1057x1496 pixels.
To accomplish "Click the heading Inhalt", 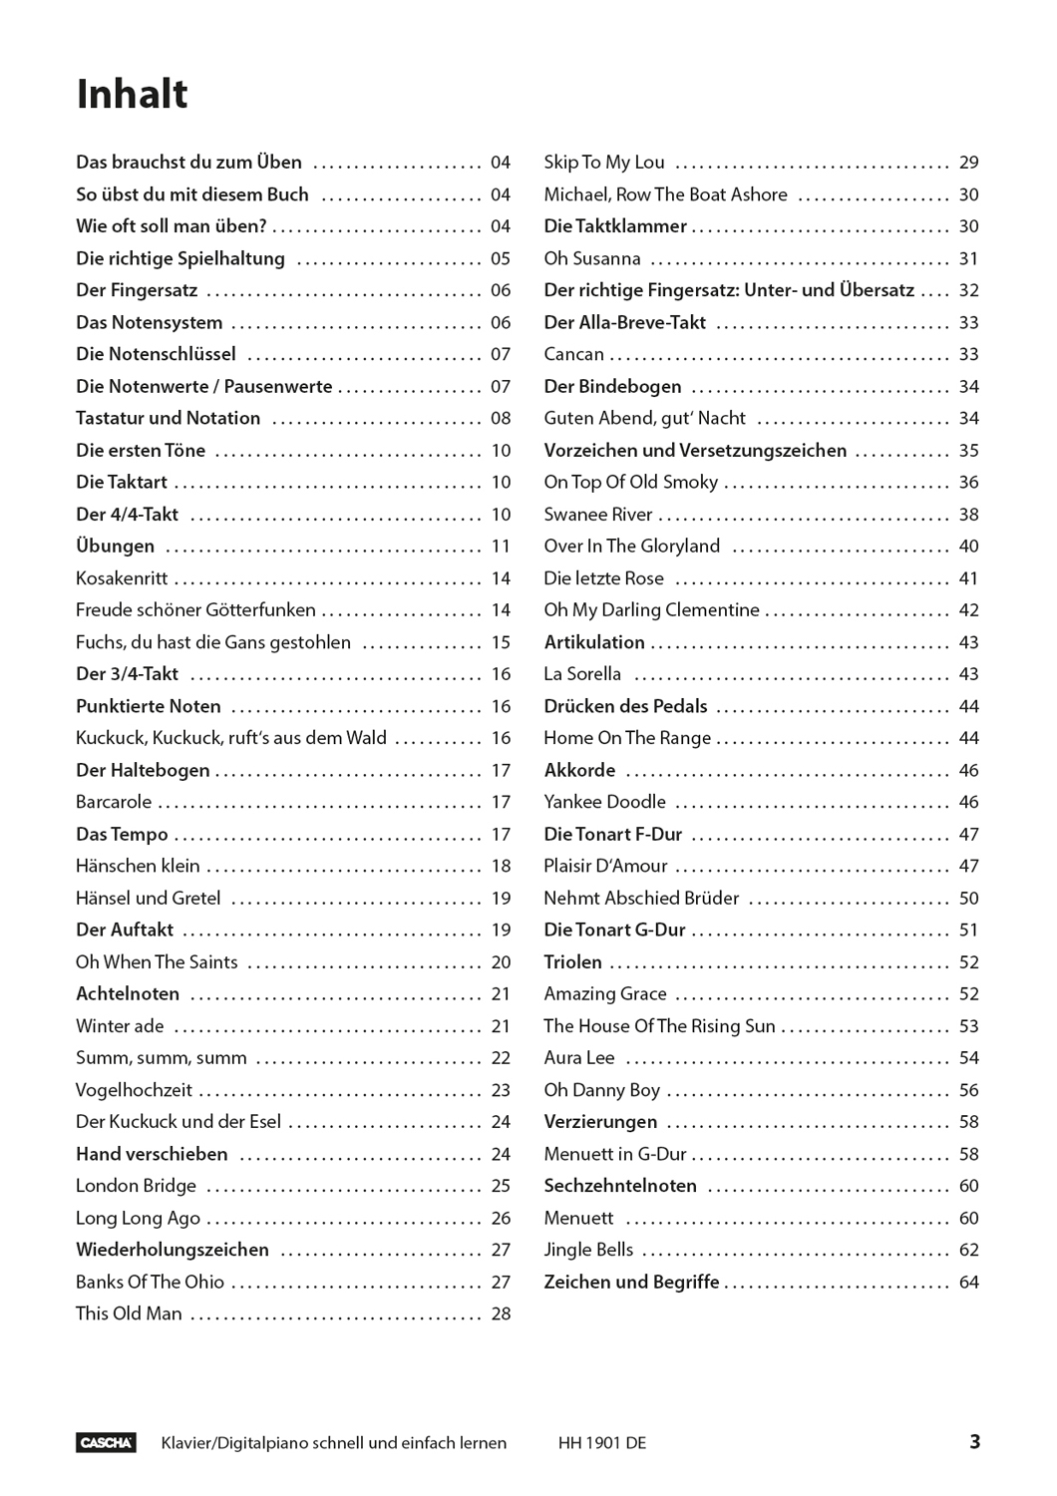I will [132, 95].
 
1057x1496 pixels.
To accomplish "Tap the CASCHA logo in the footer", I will [106, 1442].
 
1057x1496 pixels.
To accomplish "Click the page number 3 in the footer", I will [974, 1441].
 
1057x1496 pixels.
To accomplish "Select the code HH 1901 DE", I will [602, 1443].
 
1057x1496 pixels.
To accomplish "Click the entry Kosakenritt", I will [122, 578].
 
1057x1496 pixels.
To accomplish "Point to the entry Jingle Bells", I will [588, 1250].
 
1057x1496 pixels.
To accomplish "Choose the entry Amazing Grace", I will [605, 994].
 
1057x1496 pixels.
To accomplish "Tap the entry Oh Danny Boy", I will [601, 1090].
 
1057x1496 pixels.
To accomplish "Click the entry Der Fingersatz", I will [137, 290].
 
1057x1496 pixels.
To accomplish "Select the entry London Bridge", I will [136, 1186].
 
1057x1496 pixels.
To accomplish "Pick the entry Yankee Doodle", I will [604, 802].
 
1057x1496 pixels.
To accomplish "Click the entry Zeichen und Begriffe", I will [631, 1282].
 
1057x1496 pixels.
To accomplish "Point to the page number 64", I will [968, 1283].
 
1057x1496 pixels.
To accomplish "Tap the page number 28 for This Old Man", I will [501, 1314].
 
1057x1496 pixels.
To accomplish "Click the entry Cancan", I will [573, 354].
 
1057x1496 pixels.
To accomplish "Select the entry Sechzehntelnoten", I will [620, 1186].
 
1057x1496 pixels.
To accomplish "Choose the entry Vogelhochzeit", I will [134, 1090].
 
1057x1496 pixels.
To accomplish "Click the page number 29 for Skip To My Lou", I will [968, 163].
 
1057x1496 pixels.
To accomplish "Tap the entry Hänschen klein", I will [138, 866].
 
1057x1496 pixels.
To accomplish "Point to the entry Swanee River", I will [598, 515].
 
